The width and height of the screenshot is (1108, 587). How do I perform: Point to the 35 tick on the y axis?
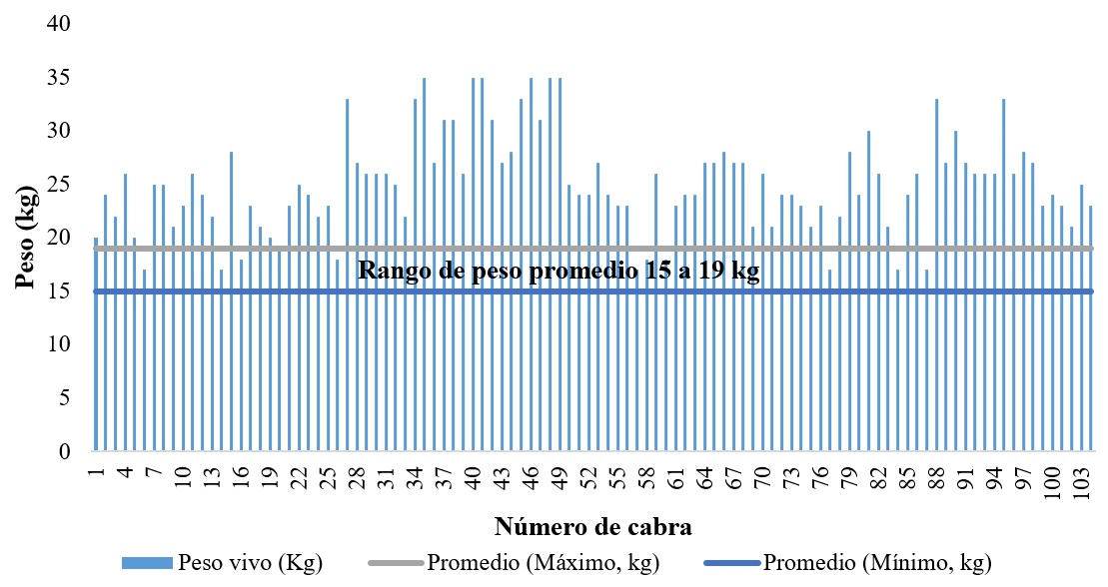tap(61, 77)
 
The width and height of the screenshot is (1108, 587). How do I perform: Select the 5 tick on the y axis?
tap(66, 398)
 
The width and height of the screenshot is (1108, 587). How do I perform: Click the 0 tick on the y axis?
tap(66, 452)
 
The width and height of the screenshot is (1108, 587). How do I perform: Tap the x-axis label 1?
tap(96, 470)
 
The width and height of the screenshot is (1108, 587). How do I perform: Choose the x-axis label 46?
tap(532, 476)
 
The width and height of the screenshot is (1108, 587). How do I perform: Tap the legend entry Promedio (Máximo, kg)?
tap(543, 563)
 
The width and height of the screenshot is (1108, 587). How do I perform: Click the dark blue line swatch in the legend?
tap(731, 564)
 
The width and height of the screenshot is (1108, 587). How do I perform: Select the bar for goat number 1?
tap(96, 344)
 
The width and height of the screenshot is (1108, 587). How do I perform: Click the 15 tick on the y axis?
tap(61, 292)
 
